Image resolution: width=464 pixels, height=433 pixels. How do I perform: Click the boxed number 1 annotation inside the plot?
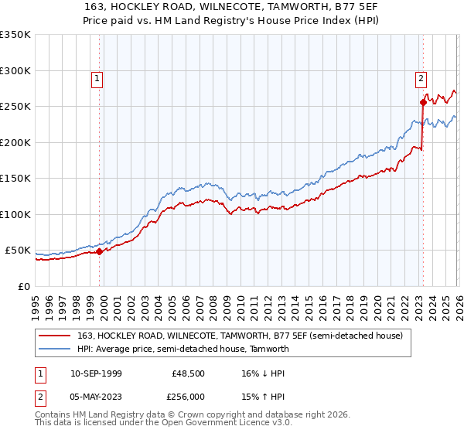[x=97, y=77]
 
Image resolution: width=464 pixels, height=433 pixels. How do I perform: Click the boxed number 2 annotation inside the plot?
[x=421, y=77]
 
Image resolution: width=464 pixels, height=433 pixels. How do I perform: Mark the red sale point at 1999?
[x=100, y=251]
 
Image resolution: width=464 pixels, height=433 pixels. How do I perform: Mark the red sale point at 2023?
[x=423, y=102]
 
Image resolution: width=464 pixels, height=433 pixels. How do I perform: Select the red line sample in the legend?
[x=56, y=336]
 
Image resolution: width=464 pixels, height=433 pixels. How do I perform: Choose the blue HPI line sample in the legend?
[x=56, y=349]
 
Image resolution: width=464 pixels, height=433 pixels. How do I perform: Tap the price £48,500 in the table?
[x=189, y=373]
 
